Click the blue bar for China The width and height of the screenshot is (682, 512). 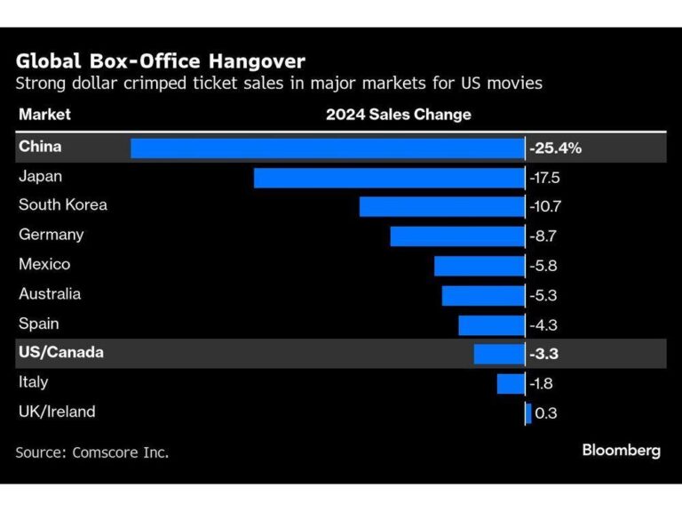pos(327,148)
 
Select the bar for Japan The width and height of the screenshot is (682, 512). pos(389,177)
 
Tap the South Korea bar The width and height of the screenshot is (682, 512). pos(441,206)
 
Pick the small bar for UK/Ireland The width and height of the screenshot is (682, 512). pos(528,412)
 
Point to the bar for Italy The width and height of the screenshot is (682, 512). pos(511,383)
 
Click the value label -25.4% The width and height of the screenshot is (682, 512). pos(555,148)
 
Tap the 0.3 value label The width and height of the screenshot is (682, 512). pos(547,412)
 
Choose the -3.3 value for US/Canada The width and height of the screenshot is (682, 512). pos(544,354)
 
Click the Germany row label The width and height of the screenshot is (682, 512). pos(52,235)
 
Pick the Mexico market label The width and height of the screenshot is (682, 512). pos(44,264)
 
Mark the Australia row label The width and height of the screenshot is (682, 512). pos(50,293)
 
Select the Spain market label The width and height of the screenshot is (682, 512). pos(40,324)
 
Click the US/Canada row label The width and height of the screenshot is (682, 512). pos(60,353)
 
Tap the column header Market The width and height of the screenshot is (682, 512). pos(44,115)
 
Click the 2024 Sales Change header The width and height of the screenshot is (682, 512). pos(398,115)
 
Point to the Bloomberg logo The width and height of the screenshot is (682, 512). pos(621,451)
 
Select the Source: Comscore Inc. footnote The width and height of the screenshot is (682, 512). pos(91,452)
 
